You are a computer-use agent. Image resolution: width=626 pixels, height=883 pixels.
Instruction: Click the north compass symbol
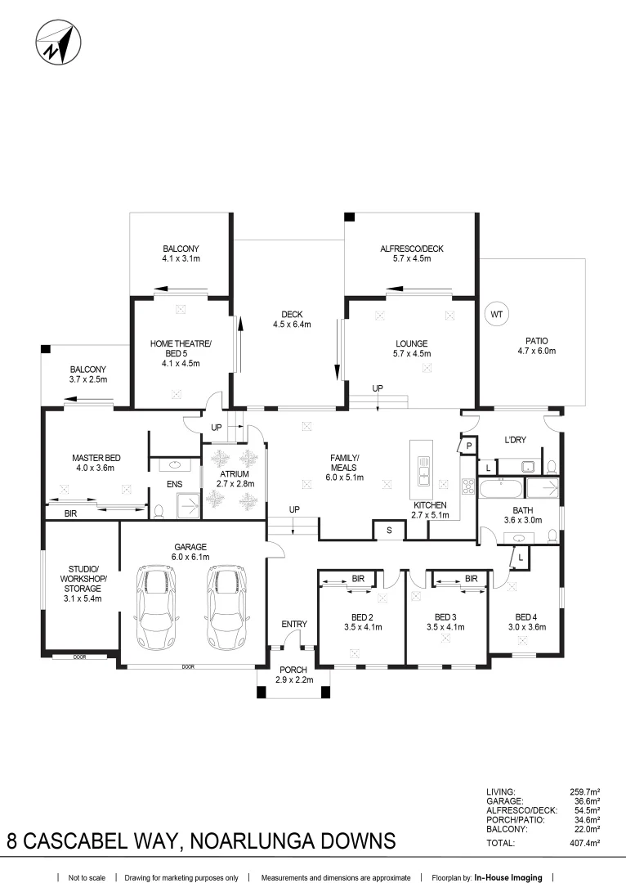pos(59,43)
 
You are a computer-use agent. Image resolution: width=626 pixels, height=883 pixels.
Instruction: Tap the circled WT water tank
pos(496,314)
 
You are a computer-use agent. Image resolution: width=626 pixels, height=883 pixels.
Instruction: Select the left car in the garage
pos(157,607)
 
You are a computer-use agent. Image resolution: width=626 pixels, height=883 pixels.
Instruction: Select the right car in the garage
pos(227,607)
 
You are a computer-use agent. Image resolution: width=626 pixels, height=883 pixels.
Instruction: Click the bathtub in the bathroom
pos(501,487)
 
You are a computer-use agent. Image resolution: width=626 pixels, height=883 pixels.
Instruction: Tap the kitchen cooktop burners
pos(467,486)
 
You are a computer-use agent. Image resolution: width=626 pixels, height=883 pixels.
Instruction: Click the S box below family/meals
pos(388,531)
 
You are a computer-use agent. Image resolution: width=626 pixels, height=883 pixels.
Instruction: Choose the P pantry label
pos(469,446)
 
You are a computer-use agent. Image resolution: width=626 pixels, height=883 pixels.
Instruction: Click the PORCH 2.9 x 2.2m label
pos(294,675)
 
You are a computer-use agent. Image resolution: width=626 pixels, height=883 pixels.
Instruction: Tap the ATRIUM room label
pos(235,474)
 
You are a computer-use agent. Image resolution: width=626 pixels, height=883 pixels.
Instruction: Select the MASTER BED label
pos(96,458)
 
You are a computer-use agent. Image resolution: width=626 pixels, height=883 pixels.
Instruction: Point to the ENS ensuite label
pos(175,484)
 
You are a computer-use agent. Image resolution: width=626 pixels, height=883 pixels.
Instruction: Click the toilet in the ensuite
pos(159,510)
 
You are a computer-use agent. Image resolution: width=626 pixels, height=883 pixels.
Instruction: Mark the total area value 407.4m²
pos(585,843)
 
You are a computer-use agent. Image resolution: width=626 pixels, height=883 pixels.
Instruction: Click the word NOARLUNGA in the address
pos(253,840)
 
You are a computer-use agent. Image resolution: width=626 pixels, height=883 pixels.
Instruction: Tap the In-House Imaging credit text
pos(508,877)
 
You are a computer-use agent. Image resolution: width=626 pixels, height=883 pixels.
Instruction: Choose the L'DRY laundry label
pos(515,440)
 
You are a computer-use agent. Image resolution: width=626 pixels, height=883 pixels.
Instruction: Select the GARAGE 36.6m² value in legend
pos(585,801)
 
